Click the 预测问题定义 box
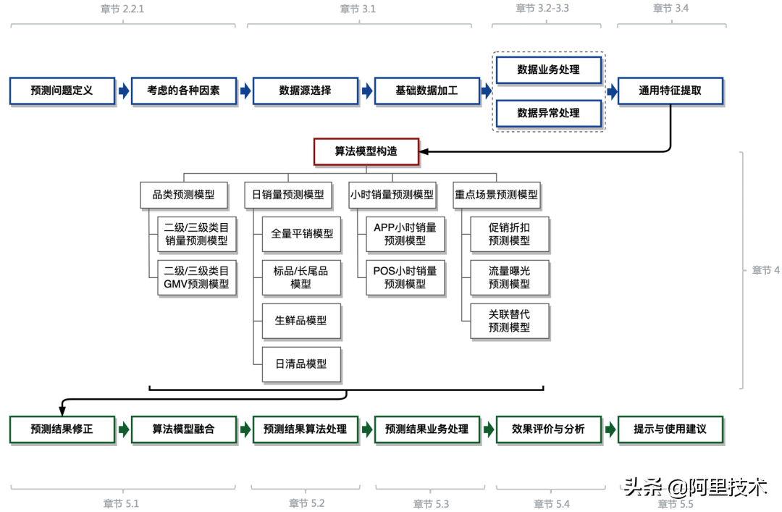[x=62, y=91]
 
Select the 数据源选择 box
[x=305, y=91]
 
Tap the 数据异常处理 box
[x=548, y=113]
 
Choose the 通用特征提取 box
[x=670, y=91]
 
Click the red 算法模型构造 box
[x=366, y=152]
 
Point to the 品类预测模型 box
[x=183, y=195]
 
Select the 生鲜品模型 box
[x=300, y=319]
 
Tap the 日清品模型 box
[x=300, y=364]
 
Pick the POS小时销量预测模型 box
[x=405, y=277]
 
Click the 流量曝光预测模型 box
[x=509, y=277]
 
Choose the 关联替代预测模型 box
[x=509, y=321]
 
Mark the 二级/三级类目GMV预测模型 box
[x=196, y=277]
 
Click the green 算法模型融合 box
[x=183, y=429]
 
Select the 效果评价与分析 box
[x=548, y=429]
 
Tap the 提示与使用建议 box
[x=670, y=429]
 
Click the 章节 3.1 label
[x=358, y=9]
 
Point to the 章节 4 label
[x=765, y=270]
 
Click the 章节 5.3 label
[x=432, y=503]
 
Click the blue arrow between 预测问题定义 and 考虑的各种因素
[x=124, y=91]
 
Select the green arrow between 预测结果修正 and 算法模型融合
[x=124, y=429]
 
